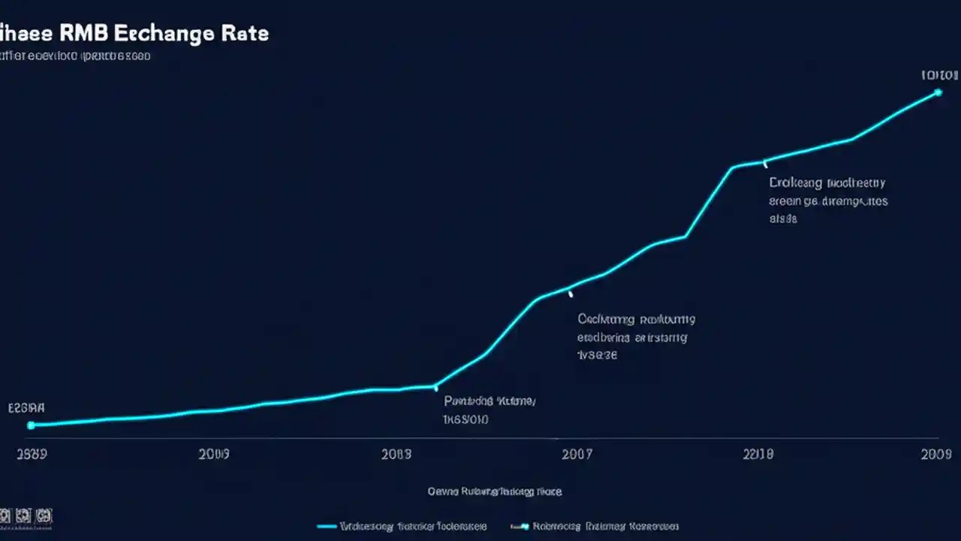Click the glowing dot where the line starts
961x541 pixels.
pos(31,425)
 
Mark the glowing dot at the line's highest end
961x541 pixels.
pos(938,92)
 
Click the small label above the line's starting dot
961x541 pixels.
pos(26,408)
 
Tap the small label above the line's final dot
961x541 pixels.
pos(939,75)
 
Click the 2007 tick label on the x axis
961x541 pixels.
pos(577,454)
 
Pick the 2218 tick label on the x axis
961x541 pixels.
pos(758,454)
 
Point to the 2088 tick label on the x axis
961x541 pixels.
pos(396,454)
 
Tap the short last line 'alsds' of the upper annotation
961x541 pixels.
pos(783,219)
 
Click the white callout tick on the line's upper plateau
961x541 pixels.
pos(764,163)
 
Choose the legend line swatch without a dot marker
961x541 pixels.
pos(327,527)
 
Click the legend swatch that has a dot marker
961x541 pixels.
pos(520,527)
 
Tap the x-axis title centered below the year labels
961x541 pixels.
pos(495,491)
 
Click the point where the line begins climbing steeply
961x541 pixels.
pos(435,387)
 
